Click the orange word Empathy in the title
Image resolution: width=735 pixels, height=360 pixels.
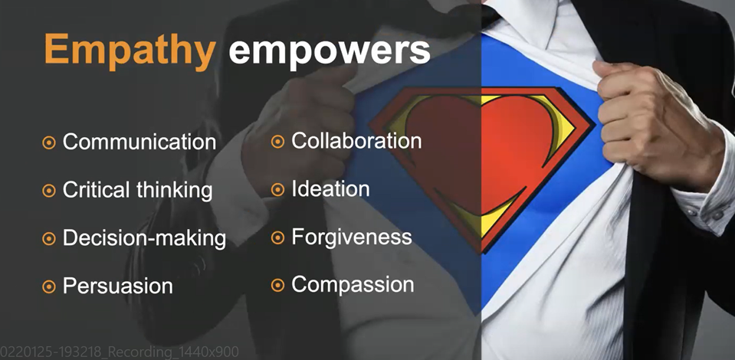(x=130, y=51)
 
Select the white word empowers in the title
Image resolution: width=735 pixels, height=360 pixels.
(x=329, y=51)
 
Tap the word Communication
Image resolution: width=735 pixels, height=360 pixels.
(x=139, y=142)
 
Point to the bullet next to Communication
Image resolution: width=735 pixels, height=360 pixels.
(x=49, y=142)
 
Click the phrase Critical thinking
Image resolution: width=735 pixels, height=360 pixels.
(x=137, y=190)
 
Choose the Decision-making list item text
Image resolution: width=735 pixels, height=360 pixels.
(x=144, y=238)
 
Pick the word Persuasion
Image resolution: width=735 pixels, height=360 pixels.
(x=118, y=286)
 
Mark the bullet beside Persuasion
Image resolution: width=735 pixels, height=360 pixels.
(x=49, y=286)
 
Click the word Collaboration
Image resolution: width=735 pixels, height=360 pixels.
(x=356, y=141)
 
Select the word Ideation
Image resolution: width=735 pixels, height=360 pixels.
(x=330, y=188)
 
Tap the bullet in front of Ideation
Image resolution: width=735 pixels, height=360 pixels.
(x=277, y=189)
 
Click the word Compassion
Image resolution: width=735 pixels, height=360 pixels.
(x=353, y=284)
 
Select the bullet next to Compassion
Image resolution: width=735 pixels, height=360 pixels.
(x=277, y=285)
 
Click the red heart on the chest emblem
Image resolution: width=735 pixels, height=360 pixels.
(x=487, y=150)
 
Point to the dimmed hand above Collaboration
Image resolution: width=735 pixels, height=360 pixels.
(x=300, y=117)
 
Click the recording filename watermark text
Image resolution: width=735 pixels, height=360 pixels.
(x=120, y=352)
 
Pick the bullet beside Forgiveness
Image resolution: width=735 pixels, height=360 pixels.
(x=277, y=237)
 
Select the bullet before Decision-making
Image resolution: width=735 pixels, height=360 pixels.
(x=49, y=238)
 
